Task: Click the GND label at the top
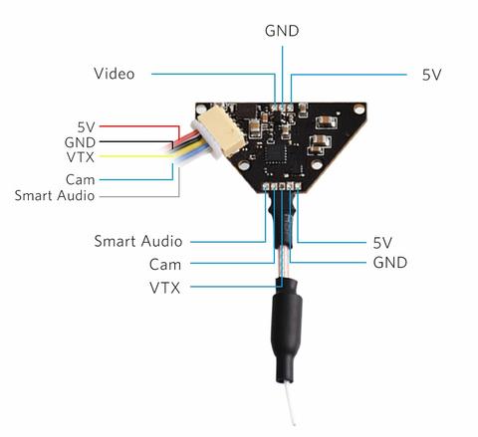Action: click(x=282, y=31)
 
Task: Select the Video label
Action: click(x=115, y=74)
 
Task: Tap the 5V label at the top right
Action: click(x=431, y=75)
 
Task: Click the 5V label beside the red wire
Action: click(x=87, y=127)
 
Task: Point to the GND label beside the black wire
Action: click(x=80, y=142)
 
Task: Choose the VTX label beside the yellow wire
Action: click(x=81, y=157)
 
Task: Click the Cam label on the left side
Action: click(x=81, y=180)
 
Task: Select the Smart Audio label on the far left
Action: click(x=55, y=195)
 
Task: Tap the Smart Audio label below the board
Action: click(x=138, y=241)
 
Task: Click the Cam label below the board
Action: click(x=165, y=265)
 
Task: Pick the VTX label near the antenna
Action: click(x=164, y=288)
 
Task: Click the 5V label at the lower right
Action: click(x=382, y=243)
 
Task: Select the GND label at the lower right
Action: click(x=390, y=263)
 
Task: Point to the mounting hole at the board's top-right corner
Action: click(x=358, y=109)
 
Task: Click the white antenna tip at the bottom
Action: click(x=294, y=423)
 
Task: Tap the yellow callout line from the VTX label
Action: click(x=136, y=156)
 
